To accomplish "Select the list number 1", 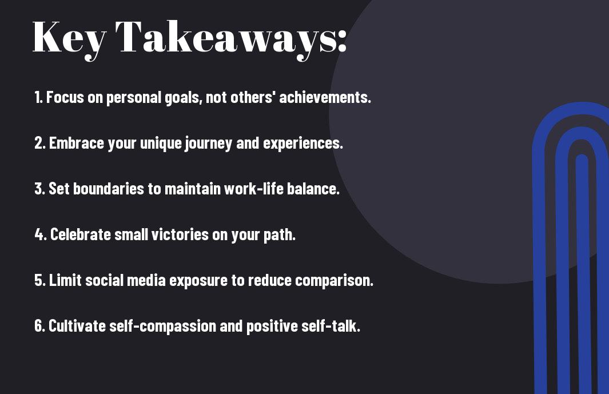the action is pos(38,97).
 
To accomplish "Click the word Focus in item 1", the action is pos(65,97).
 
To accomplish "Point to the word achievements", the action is pos(325,97).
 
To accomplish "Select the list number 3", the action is pos(39,189).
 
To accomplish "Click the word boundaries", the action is pos(108,189).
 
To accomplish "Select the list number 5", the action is pos(39,280).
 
